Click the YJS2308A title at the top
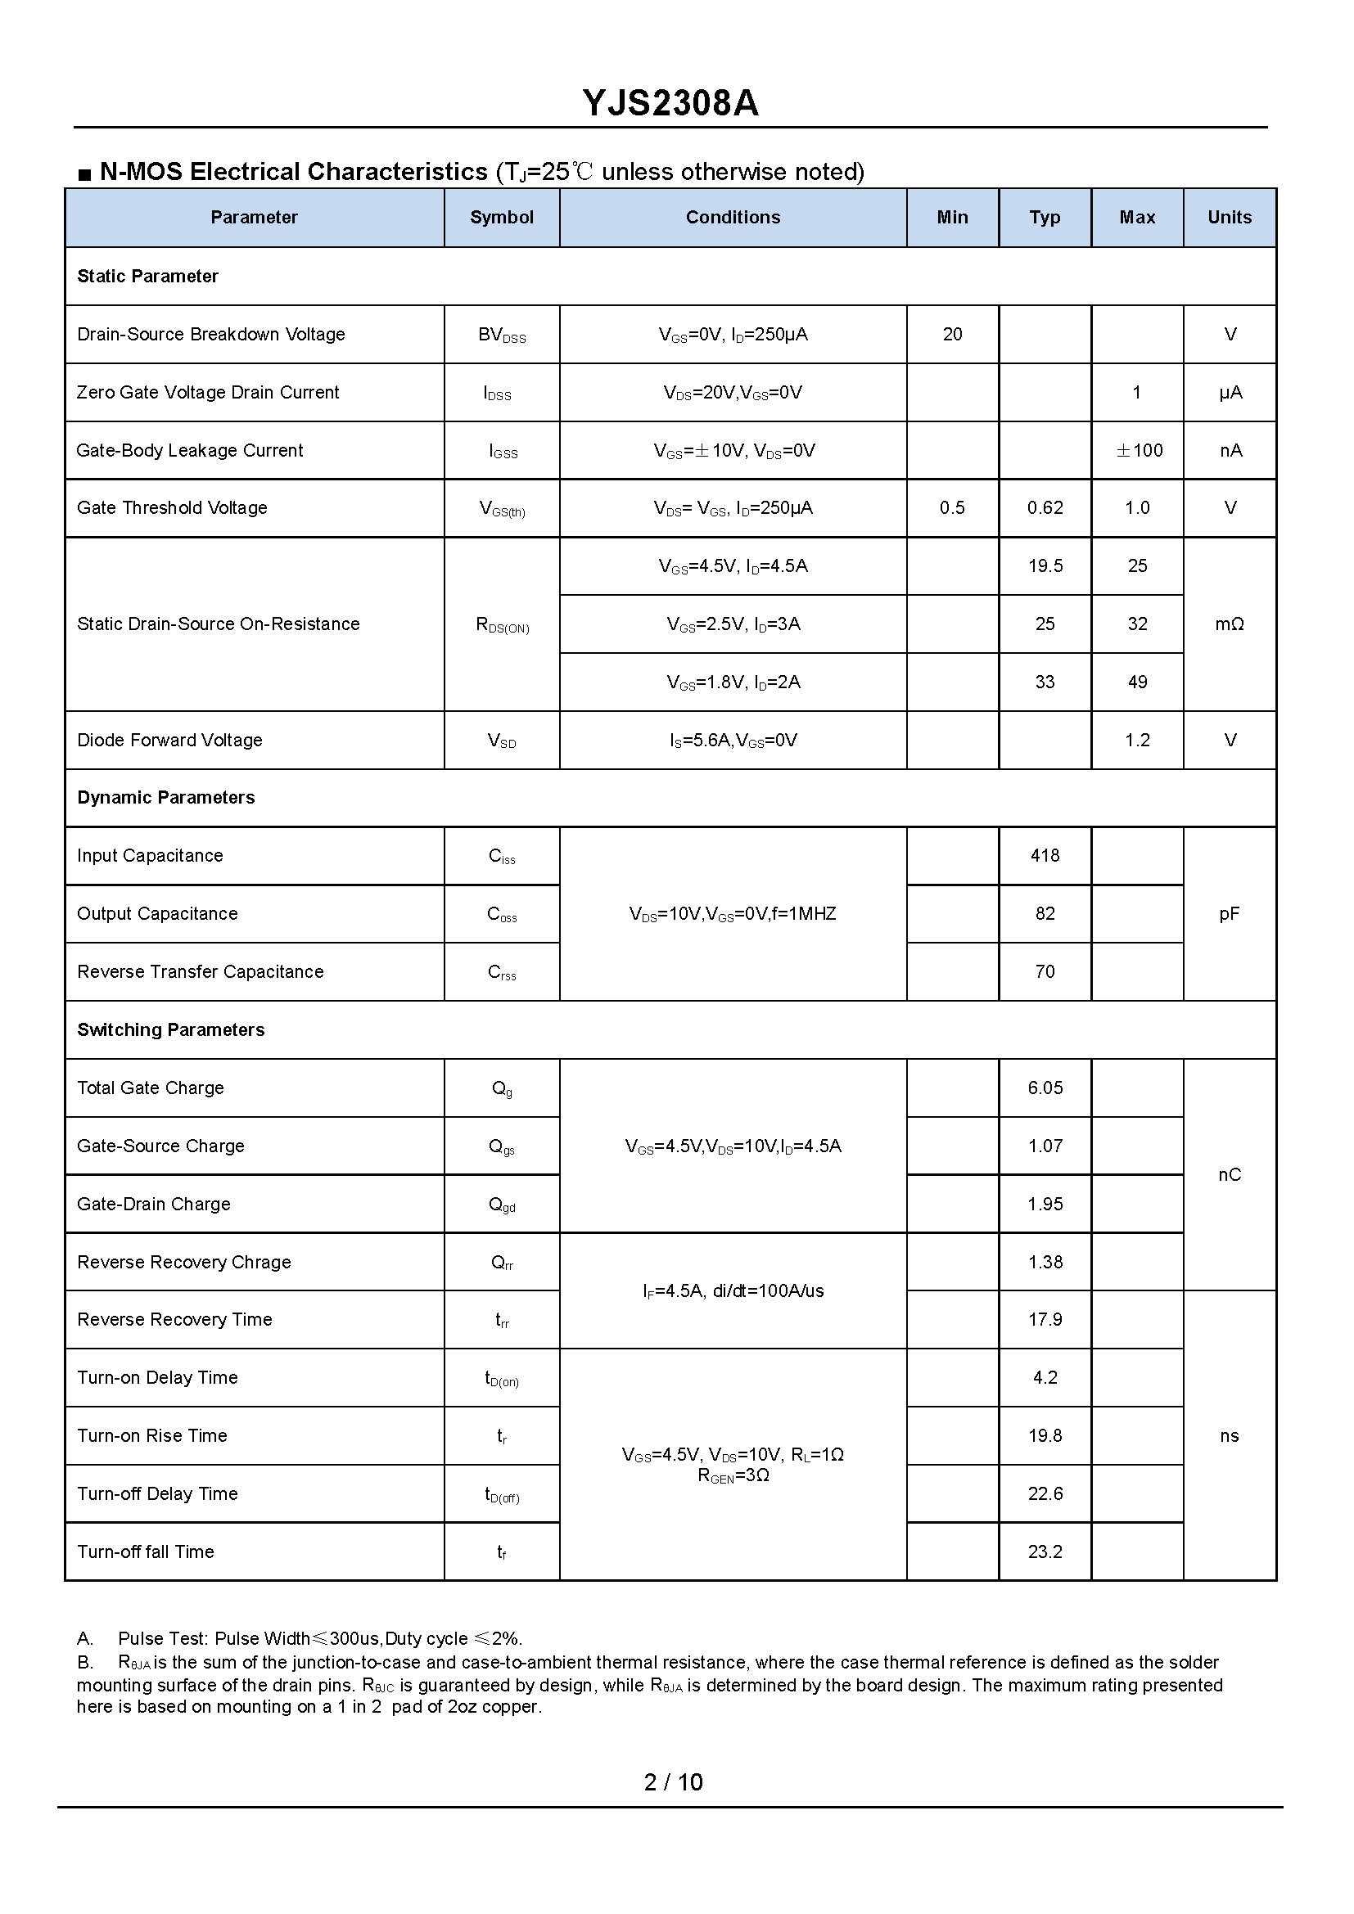(x=670, y=103)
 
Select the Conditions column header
(x=733, y=218)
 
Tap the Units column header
(x=1229, y=218)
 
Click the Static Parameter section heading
(x=147, y=276)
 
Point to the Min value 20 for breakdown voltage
(x=952, y=335)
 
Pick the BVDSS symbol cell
(x=502, y=336)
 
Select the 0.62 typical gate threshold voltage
(x=1045, y=507)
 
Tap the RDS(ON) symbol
(x=502, y=625)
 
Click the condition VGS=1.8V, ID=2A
(x=733, y=682)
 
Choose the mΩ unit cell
(x=1229, y=624)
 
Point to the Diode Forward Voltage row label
(x=169, y=741)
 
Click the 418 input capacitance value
(x=1045, y=855)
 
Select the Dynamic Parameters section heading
(x=166, y=798)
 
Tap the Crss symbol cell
(x=502, y=973)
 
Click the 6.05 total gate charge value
(x=1045, y=1088)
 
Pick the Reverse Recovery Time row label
(x=174, y=1320)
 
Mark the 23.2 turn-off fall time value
(x=1045, y=1551)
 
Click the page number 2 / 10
(x=674, y=1781)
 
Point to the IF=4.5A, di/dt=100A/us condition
(x=733, y=1291)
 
